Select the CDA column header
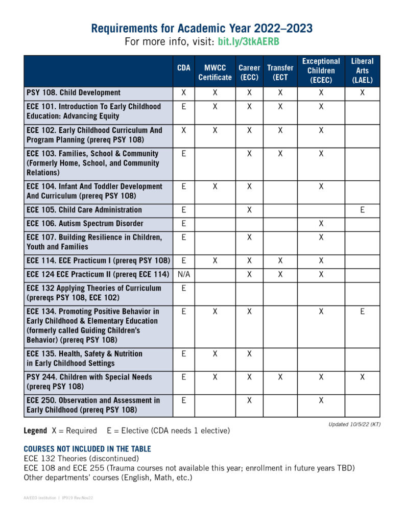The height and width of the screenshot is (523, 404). tap(183, 67)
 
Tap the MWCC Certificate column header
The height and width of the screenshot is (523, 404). tap(215, 72)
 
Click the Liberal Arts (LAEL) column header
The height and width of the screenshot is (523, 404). tap(362, 70)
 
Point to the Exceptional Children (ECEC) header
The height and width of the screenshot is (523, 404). tap(321, 70)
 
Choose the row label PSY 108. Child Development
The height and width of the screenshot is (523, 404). tap(74, 92)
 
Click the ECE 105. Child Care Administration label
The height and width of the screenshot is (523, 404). tap(84, 210)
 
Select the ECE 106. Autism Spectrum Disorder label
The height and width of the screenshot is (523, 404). tap(85, 224)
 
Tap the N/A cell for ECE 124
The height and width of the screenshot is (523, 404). tap(183, 274)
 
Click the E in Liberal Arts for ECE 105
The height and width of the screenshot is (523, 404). tap(362, 210)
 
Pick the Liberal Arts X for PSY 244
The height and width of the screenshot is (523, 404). tap(362, 377)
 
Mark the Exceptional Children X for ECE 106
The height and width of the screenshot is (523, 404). tap(321, 224)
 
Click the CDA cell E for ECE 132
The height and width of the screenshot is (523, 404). tap(183, 288)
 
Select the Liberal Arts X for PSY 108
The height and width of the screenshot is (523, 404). tap(362, 92)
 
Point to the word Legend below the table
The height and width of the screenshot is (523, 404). tap(35, 431)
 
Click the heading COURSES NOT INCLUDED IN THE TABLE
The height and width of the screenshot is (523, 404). tap(87, 449)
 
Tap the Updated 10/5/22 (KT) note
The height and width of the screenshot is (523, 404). tap(354, 424)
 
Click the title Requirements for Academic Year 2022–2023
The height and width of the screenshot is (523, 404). tap(202, 28)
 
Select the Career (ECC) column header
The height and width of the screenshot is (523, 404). tap(249, 72)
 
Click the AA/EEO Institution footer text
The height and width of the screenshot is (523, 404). tap(40, 497)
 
